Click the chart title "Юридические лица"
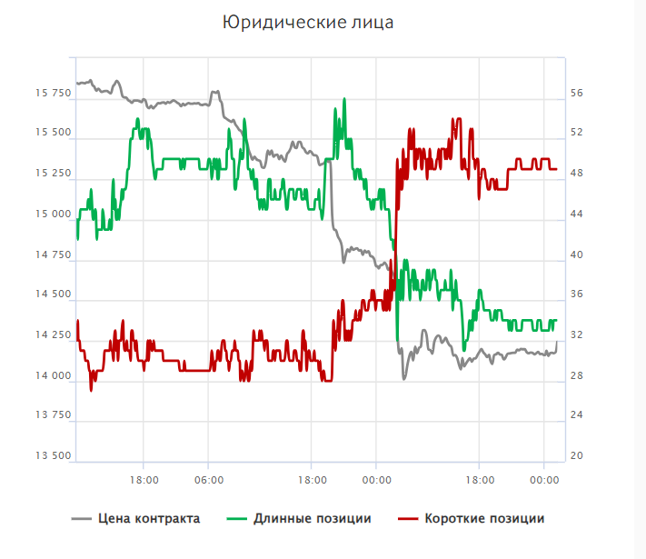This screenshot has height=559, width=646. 309,22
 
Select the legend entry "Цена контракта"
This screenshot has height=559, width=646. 149,519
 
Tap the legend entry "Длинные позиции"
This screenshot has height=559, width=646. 312,519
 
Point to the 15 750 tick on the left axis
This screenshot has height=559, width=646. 53,94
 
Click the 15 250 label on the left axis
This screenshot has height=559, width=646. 53,174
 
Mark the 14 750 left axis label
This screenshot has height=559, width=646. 53,255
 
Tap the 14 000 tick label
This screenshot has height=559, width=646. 53,376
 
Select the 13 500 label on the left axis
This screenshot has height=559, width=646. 53,456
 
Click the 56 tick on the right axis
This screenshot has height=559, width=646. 577,94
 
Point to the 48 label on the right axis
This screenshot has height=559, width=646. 577,174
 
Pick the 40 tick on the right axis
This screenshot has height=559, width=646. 577,255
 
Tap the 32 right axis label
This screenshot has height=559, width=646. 577,335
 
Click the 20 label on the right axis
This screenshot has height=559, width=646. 577,456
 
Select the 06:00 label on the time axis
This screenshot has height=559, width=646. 209,479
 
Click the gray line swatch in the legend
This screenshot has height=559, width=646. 81,519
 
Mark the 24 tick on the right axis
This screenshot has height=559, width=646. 577,416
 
